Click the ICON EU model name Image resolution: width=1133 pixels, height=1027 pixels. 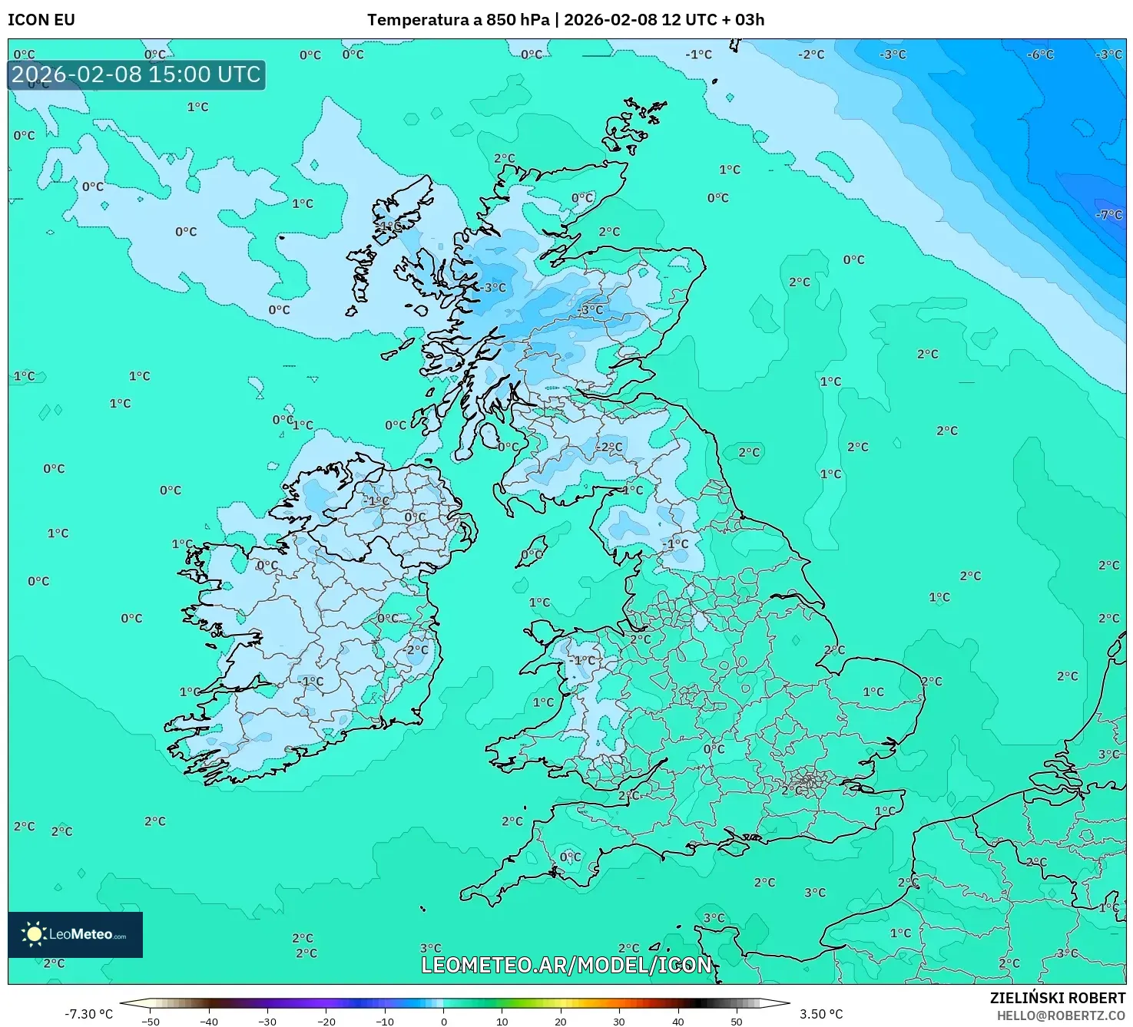[41, 20]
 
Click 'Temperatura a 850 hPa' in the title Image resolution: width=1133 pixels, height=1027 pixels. [458, 20]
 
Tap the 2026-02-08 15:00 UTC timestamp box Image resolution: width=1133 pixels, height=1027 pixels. [137, 74]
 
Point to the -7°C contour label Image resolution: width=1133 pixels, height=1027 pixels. [1108, 215]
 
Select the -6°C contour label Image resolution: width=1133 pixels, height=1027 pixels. [1040, 54]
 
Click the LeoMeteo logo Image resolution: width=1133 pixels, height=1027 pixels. [75, 934]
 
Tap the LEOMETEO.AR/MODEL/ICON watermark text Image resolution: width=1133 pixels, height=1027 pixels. [566, 965]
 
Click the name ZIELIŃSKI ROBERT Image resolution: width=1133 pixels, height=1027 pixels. [1058, 998]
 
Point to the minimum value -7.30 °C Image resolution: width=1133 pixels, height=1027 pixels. [88, 1014]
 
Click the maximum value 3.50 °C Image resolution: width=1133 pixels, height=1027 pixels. [821, 1014]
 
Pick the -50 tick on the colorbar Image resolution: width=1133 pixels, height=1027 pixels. [151, 1021]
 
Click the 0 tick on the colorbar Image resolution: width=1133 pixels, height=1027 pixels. [444, 1021]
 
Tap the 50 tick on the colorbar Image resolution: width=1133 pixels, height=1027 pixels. [737, 1021]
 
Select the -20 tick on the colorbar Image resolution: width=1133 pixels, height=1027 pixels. [326, 1021]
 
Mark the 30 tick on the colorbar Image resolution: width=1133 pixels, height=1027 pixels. [619, 1021]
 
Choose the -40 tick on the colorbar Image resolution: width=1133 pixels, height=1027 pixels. [209, 1021]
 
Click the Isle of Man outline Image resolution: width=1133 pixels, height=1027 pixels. [532, 552]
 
